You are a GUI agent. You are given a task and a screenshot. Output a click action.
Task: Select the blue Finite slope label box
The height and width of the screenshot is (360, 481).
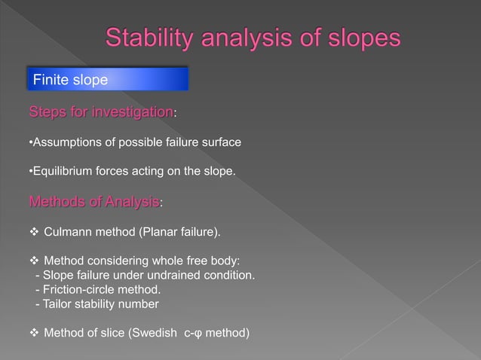(108, 79)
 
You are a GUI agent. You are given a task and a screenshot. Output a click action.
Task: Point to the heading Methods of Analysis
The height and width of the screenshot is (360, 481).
(93, 202)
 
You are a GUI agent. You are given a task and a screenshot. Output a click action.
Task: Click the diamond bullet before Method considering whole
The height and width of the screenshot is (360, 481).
(33, 260)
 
